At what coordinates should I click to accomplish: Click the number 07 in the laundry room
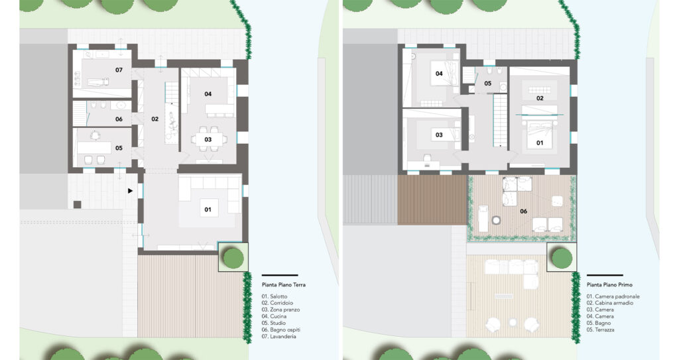[119, 70]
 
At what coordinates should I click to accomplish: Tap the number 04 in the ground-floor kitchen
[208, 93]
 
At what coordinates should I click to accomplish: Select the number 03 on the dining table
[208, 139]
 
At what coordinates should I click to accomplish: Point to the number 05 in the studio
[119, 148]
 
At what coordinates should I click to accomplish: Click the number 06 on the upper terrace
[524, 211]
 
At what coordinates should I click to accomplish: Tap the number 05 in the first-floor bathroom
[487, 84]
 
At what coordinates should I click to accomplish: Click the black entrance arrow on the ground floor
[130, 191]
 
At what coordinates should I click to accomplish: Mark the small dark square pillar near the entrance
[77, 204]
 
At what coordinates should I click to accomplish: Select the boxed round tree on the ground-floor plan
[233, 257]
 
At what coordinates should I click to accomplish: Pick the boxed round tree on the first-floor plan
[562, 257]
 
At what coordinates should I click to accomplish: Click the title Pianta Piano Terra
[284, 285]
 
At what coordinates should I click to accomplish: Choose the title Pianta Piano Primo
[610, 285]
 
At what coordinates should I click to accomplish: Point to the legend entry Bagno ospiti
[281, 330]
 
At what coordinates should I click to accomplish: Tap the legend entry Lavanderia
[279, 336]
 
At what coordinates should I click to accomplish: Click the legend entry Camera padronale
[613, 296]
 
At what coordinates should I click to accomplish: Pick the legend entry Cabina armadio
[610, 303]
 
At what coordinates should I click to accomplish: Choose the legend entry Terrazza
[601, 330]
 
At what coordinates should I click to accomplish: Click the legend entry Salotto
[275, 296]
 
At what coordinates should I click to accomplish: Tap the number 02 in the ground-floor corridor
[154, 119]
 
